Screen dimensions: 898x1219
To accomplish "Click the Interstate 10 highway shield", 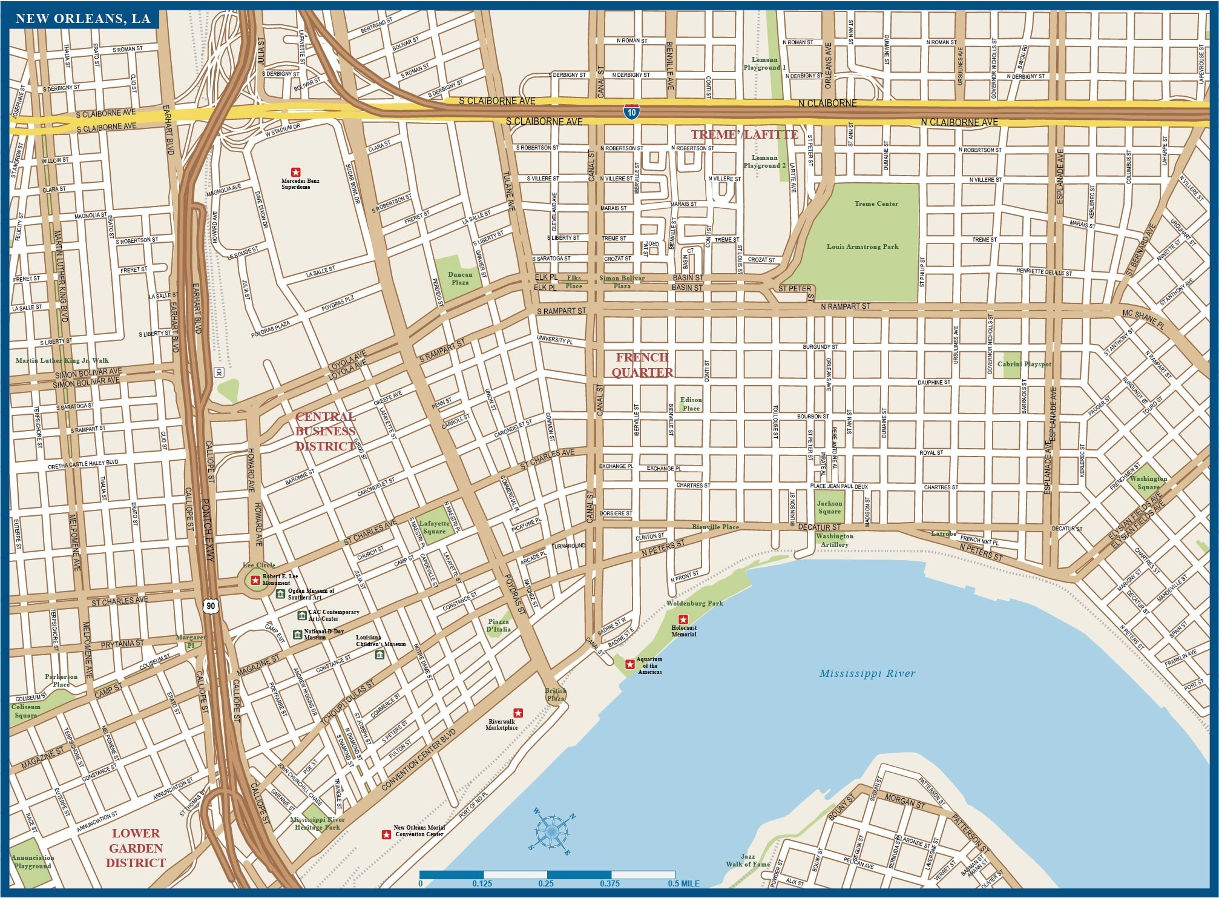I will click(631, 112).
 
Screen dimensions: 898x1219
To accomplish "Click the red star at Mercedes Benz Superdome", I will click(295, 171).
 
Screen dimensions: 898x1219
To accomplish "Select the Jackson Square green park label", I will click(829, 507).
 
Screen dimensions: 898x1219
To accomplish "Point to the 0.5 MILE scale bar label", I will click(683, 883).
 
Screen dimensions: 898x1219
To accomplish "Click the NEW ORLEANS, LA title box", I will click(83, 19).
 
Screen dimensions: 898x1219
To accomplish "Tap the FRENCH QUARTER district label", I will click(642, 365).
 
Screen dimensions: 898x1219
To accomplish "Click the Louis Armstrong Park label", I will click(862, 246).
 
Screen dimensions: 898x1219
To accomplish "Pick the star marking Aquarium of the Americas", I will click(629, 664).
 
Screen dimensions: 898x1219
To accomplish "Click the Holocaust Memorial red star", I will click(684, 619).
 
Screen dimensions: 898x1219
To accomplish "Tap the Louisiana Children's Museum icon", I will click(379, 655).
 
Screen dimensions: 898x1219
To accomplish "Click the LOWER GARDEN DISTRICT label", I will click(136, 848).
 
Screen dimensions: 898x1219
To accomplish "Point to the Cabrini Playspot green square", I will click(1011, 365).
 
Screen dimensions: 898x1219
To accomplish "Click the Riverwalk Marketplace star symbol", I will click(518, 713).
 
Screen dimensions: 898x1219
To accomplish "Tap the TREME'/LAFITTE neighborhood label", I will click(744, 134).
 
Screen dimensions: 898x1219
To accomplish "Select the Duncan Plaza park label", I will click(459, 278).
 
